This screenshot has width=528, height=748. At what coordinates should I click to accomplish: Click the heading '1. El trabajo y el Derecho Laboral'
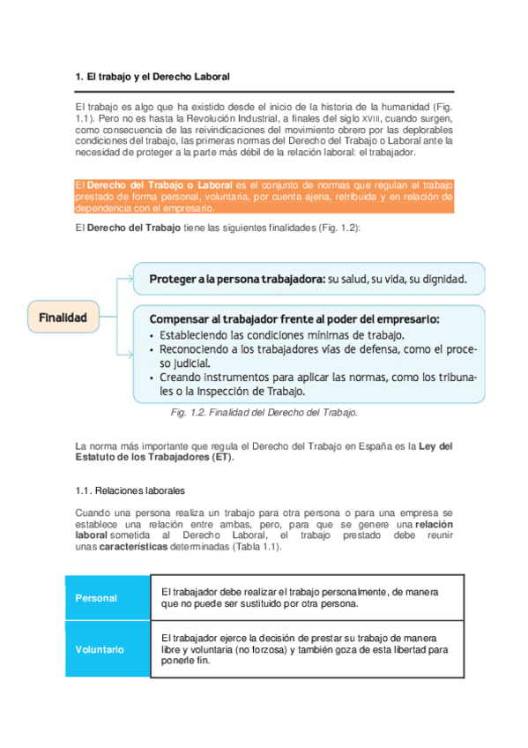click(152, 78)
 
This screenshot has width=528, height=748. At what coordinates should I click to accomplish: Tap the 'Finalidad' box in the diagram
click(63, 318)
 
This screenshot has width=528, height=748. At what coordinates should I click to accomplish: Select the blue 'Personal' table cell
click(96, 598)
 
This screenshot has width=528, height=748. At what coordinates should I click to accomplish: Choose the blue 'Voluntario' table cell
click(100, 649)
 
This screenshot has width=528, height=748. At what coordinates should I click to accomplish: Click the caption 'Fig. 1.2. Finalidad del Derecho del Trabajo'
click(264, 412)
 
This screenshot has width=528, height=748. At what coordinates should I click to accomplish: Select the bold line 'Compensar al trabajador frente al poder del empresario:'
click(294, 318)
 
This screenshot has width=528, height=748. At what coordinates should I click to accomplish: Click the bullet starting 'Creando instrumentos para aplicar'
click(313, 377)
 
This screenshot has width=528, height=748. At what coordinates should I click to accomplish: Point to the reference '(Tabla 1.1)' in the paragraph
click(257, 547)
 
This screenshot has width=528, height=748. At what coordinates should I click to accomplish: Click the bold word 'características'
click(136, 547)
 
